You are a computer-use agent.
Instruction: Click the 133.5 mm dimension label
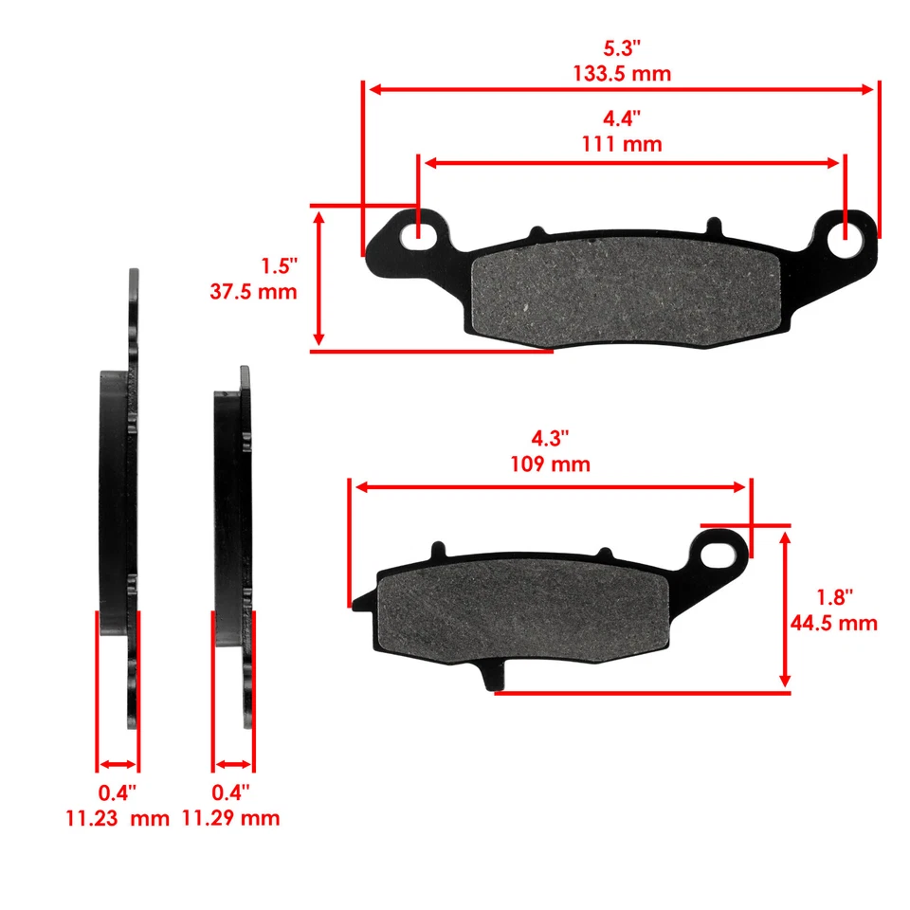point(622,73)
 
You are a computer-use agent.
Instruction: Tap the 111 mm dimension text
point(622,144)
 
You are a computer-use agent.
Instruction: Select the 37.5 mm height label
point(253,291)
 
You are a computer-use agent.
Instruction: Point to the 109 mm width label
point(550,464)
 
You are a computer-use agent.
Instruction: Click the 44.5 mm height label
point(833,623)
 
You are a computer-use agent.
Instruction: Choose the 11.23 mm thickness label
point(118,818)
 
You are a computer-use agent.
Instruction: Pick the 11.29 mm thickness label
point(231,818)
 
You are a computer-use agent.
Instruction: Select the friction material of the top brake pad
point(626,291)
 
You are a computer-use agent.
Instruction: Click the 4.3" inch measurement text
point(550,439)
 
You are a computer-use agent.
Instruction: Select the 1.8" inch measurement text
point(834,597)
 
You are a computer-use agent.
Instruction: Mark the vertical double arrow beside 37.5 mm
point(319,279)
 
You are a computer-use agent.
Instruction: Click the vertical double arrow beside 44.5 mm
point(785,609)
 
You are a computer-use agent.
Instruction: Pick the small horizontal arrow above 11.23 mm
point(118,764)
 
